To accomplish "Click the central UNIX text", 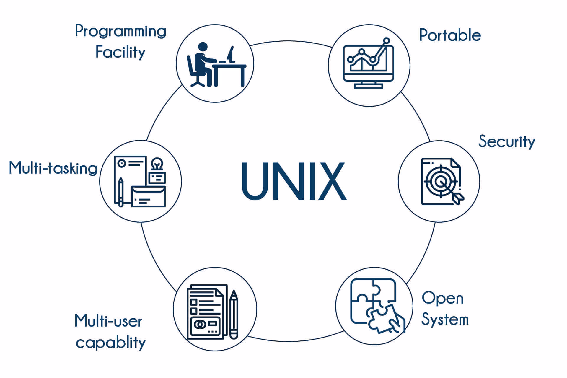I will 294,181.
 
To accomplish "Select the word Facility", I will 120,53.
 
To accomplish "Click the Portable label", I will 450,35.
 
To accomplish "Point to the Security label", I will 506,142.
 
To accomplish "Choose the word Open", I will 442,298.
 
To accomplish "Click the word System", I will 445,320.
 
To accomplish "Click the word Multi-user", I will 108,321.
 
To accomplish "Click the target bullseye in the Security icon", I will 440,181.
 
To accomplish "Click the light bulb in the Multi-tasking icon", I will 157,164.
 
